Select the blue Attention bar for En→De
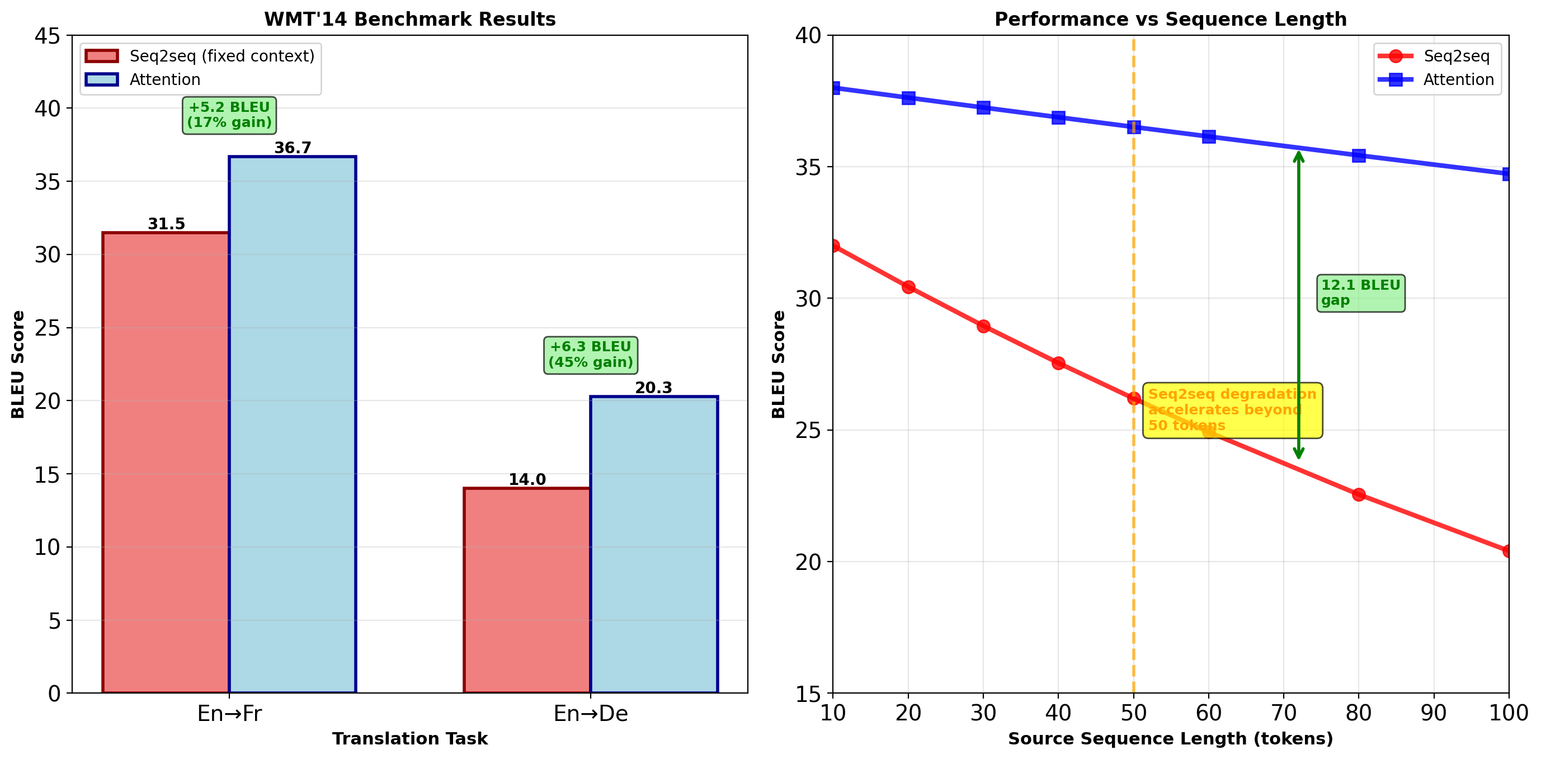[653, 544]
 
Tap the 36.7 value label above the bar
[293, 148]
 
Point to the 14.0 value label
[527, 479]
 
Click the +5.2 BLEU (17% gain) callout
[229, 115]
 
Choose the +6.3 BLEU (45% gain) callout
[591, 355]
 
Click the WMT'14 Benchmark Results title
[410, 19]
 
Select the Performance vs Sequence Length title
[1170, 19]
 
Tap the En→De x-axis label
[591, 713]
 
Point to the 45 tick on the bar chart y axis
[48, 36]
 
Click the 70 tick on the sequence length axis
[1283, 713]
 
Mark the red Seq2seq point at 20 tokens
[908, 287]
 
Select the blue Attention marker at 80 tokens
[1359, 155]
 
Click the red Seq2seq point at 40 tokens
[1058, 363]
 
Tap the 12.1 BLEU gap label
[1360, 293]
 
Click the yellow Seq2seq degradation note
[1232, 411]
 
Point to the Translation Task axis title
[410, 739]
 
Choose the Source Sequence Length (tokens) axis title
[1170, 739]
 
